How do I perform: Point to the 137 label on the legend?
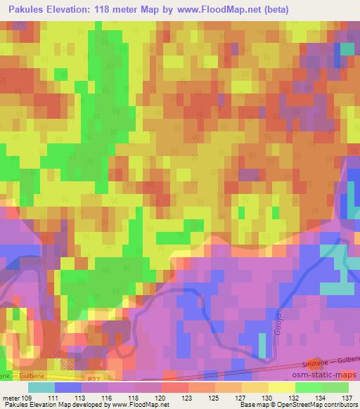tap(345, 397)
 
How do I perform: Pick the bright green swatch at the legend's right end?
tap(336, 387)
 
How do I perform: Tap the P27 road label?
tap(86, 377)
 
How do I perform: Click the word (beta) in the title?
tap(271, 8)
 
